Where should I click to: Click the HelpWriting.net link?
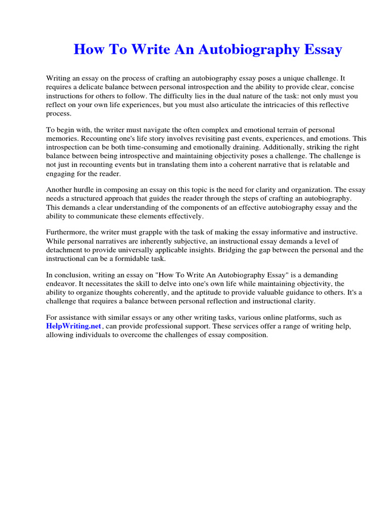[x=66, y=326]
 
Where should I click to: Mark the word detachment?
[x=65, y=250]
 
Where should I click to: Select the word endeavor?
[x=62, y=284]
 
